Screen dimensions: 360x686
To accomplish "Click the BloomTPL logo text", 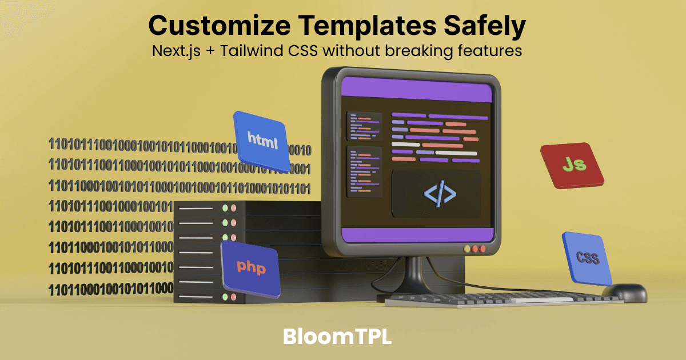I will (x=337, y=336).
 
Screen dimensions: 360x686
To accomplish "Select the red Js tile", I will (x=572, y=165).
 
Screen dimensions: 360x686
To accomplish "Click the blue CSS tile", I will (x=587, y=258).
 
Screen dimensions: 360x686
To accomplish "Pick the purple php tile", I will (x=251, y=267).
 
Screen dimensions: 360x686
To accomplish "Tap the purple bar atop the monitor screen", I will (x=417, y=91).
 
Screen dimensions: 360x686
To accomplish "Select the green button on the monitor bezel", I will (x=467, y=249).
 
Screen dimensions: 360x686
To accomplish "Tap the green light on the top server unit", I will (x=225, y=208).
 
